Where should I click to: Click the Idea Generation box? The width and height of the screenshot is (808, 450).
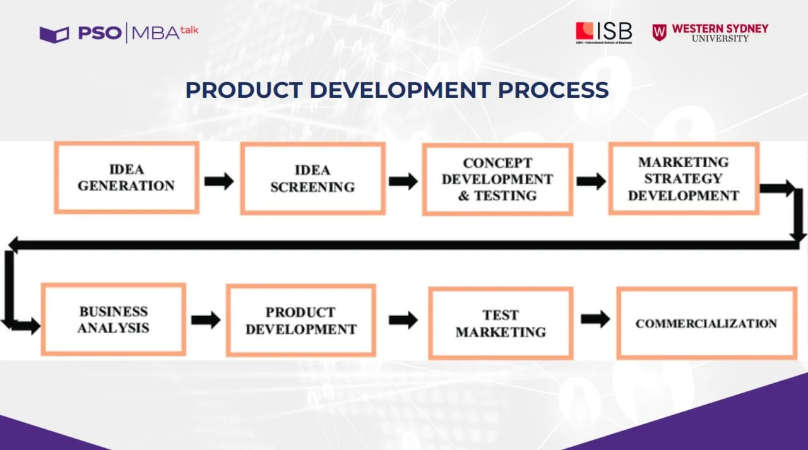click(127, 177)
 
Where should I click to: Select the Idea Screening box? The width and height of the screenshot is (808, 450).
click(312, 179)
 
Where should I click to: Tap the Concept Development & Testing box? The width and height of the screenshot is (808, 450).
click(498, 179)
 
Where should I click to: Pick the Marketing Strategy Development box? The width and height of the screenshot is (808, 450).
click(684, 179)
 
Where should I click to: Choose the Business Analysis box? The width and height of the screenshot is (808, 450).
click(114, 319)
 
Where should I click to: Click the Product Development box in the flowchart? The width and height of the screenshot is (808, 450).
click(301, 320)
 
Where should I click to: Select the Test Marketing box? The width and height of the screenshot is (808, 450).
click(501, 323)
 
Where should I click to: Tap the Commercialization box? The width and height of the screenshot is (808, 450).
click(706, 323)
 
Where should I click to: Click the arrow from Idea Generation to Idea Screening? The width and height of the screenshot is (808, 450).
click(219, 181)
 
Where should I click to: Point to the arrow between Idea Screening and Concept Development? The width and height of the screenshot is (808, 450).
click(403, 181)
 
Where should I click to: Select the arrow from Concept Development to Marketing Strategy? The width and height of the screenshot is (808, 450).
click(591, 181)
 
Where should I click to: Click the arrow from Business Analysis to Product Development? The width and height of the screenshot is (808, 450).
click(206, 320)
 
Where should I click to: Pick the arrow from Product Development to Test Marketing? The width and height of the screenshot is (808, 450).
click(403, 320)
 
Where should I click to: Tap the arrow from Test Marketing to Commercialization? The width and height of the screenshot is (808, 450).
click(595, 319)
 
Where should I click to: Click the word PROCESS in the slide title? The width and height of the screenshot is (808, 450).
click(554, 90)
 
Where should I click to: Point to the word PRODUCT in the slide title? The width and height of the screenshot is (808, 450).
click(244, 90)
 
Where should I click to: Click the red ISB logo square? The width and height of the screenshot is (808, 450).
click(585, 31)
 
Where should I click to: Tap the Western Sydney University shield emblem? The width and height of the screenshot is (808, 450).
click(660, 32)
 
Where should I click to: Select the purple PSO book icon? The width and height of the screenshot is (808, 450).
click(54, 35)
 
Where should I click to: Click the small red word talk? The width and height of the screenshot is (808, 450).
click(189, 30)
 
